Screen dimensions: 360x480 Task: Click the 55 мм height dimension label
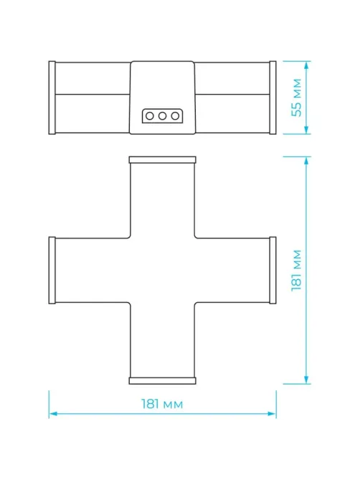click(296, 98)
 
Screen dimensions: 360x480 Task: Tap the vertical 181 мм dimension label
click(296, 270)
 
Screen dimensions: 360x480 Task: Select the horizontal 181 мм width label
click(162, 404)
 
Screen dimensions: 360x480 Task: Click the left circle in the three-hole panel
click(150, 116)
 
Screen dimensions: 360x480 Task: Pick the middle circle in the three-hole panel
click(162, 116)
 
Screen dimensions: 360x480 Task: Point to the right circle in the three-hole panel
click(175, 116)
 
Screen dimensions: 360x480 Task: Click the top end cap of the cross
click(162, 160)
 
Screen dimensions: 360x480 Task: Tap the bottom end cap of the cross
click(162, 380)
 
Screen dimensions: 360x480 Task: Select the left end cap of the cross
click(52, 270)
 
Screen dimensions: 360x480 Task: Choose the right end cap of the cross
click(273, 270)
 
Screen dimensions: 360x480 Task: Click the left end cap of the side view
click(52, 98)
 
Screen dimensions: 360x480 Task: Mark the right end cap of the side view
click(273, 98)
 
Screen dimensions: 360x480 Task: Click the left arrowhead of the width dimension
click(53, 414)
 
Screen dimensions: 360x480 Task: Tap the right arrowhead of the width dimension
click(272, 414)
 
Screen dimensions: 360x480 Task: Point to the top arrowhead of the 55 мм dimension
click(306, 65)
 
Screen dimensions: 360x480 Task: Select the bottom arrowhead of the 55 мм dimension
click(306, 130)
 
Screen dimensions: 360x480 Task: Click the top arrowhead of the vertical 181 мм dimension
click(306, 161)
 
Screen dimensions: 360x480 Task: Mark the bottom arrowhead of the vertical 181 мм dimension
click(306, 380)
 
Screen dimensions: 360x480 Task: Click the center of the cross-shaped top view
click(162, 270)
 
